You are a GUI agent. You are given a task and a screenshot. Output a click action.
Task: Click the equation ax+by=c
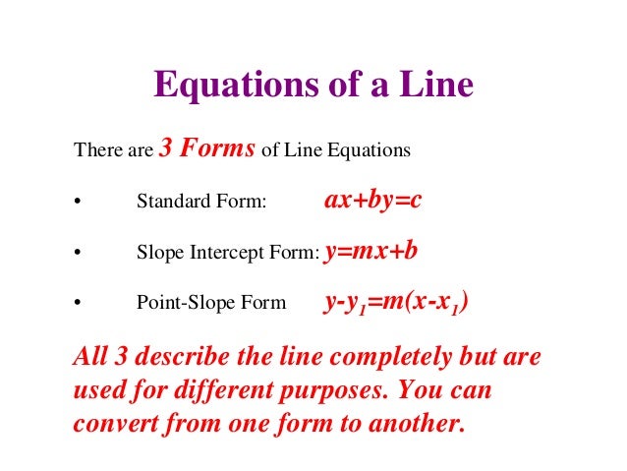click(372, 201)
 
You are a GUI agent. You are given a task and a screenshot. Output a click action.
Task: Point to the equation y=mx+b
click(370, 252)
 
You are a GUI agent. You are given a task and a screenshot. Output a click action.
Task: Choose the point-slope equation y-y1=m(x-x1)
click(396, 303)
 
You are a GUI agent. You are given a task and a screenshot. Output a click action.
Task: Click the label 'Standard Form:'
click(201, 203)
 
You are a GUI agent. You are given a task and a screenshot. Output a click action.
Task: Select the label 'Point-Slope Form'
click(211, 304)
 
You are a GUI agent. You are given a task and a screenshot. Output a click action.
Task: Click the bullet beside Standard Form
click(77, 204)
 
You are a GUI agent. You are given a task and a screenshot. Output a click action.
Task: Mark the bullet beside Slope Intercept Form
click(77, 254)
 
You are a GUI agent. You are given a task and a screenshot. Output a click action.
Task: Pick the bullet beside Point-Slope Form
click(77, 305)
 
